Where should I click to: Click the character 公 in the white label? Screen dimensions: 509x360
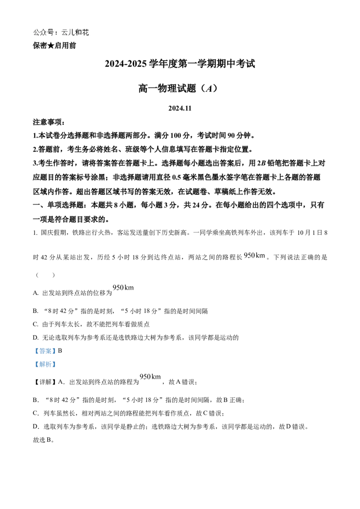(37, 33)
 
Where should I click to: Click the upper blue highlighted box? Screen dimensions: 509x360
(45, 351)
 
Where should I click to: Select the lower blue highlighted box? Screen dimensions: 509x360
(45, 365)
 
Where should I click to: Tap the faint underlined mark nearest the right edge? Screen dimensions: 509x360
(254, 255)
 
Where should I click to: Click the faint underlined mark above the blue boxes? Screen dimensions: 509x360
(124, 288)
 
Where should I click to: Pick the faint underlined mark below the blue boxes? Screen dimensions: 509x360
(150, 377)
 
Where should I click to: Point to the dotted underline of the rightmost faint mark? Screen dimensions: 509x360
(261, 258)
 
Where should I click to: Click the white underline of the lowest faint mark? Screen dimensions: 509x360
(156, 380)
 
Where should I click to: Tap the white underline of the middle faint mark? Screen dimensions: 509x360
(130, 290)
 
